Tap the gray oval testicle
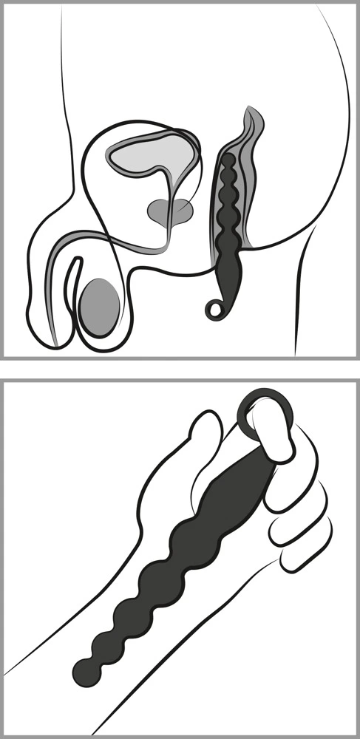point(100,307)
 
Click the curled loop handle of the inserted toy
point(214,308)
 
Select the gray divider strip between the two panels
point(180,368)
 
